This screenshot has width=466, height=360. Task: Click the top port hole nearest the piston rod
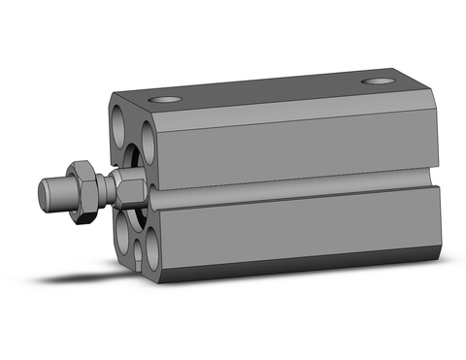tap(164, 99)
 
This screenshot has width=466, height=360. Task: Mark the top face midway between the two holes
tap(272, 89)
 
